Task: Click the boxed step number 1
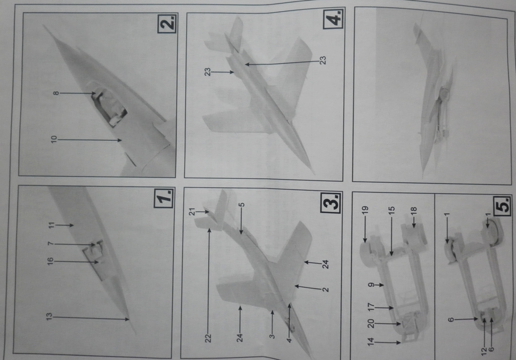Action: [x=164, y=198]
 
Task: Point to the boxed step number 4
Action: [x=334, y=19]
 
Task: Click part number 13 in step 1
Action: [x=49, y=317]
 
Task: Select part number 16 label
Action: [x=50, y=262]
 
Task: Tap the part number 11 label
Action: [x=51, y=225]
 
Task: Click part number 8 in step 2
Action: [x=56, y=93]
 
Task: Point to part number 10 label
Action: [x=54, y=140]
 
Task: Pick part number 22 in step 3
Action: [x=208, y=338]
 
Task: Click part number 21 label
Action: [x=192, y=211]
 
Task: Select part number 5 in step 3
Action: [x=242, y=205]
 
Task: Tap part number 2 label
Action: [x=325, y=289]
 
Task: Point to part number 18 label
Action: [x=414, y=210]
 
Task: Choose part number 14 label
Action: [x=371, y=342]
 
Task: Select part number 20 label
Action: [x=371, y=323]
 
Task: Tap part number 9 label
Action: [x=371, y=284]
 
